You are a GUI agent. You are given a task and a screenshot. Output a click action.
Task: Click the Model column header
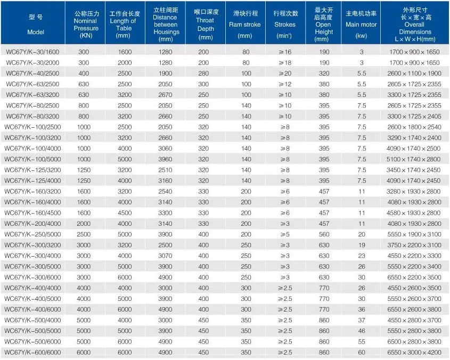[36, 24]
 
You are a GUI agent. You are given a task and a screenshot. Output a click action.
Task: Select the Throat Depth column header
[206, 24]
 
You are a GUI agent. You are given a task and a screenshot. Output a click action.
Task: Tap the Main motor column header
[361, 24]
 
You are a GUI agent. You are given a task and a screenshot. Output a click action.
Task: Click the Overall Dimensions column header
[415, 24]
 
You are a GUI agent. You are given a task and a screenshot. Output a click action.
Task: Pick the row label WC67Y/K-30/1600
[32, 52]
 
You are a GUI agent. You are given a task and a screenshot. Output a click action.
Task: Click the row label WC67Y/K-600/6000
[32, 352]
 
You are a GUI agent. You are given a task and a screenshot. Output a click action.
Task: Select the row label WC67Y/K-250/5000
[32, 234]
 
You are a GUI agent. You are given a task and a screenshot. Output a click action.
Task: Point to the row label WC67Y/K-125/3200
[32, 170]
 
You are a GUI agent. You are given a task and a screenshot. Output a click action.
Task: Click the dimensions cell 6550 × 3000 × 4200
[414, 352]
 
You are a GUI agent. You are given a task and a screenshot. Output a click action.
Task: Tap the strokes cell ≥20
[285, 73]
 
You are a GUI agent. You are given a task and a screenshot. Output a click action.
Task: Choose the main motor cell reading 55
[362, 341]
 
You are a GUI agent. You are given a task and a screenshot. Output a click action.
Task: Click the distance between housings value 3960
[165, 159]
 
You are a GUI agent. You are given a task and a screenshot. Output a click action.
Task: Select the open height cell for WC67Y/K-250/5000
[324, 234]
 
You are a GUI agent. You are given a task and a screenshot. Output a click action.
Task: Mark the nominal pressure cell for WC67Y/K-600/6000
[84, 352]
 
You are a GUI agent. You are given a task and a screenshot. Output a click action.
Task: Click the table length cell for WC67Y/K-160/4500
[125, 212]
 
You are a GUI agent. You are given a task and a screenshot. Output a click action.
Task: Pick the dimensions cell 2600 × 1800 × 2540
[414, 127]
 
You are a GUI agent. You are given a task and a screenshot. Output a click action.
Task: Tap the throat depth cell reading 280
[203, 73]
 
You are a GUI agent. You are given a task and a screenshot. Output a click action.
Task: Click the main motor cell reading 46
[362, 331]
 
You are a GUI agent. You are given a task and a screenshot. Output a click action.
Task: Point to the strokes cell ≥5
[285, 234]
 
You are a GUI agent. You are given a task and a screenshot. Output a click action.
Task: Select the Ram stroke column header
[245, 24]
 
